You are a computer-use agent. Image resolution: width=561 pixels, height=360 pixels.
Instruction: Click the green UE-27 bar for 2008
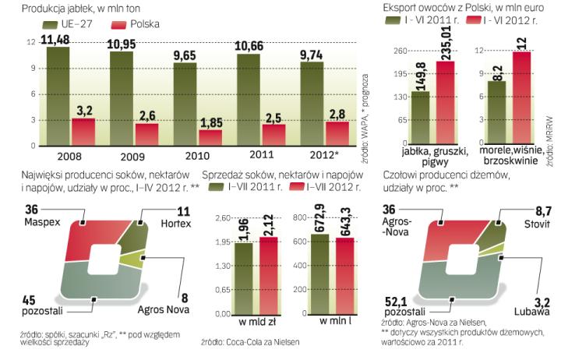pyautogui.click(x=57, y=97)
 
